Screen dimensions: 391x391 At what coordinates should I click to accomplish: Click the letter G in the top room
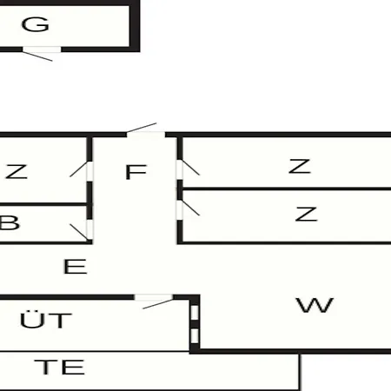(x=36, y=24)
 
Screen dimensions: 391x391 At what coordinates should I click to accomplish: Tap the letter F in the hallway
(x=136, y=172)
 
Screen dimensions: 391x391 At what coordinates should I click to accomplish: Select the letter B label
(x=10, y=222)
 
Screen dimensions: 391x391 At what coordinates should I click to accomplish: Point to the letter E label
(x=75, y=267)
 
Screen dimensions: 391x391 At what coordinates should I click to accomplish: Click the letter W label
(x=315, y=305)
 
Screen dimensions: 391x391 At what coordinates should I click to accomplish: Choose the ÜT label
(x=46, y=320)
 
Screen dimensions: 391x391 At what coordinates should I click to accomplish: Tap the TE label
(x=59, y=367)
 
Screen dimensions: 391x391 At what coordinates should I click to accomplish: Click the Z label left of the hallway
(x=17, y=172)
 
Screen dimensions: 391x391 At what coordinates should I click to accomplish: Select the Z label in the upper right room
(x=300, y=166)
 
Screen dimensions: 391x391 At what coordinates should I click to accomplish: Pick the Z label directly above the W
(x=307, y=214)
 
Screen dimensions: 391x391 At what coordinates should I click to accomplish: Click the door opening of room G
(x=42, y=50)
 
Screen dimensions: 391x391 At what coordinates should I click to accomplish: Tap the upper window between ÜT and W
(x=195, y=313)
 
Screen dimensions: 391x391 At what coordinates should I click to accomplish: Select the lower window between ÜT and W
(x=195, y=336)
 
